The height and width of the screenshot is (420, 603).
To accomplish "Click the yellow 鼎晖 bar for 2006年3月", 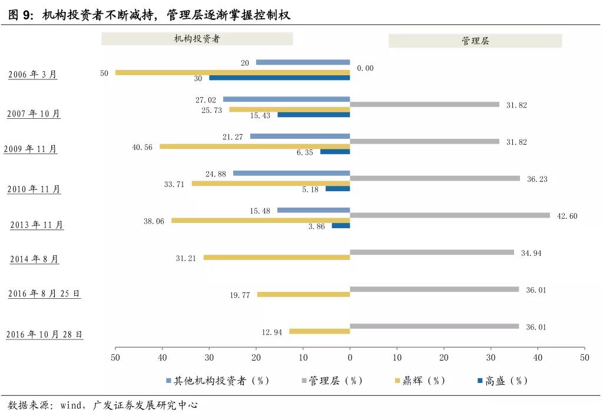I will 233,72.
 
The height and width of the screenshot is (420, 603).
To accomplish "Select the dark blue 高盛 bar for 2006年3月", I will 279,78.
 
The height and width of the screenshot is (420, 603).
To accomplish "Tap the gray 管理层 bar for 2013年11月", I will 449,215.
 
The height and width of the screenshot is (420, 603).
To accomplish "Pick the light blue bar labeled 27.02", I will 286,99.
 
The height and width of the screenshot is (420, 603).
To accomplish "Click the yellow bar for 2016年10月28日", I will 319,332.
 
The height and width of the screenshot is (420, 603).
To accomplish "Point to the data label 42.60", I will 567,216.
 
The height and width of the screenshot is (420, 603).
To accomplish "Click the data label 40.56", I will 143,147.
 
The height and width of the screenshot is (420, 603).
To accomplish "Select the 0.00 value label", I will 365,68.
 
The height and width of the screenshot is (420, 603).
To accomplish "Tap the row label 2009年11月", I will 31,149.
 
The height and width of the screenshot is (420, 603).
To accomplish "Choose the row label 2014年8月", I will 35,259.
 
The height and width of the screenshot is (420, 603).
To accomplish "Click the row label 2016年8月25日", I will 44,294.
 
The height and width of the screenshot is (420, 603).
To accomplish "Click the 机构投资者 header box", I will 197,39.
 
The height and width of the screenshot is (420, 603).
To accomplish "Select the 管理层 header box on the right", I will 475,41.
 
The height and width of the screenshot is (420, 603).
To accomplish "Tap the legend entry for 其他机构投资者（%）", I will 217,381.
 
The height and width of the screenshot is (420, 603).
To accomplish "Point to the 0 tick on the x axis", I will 350,357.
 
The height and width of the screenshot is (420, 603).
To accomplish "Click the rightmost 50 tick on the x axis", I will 584,357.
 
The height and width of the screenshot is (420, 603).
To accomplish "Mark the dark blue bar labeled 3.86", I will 341,225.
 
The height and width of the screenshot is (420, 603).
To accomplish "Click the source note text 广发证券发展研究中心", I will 147,405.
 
